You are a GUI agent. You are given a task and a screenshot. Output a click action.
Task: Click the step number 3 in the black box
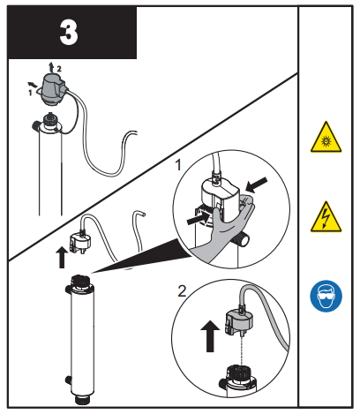click(x=69, y=33)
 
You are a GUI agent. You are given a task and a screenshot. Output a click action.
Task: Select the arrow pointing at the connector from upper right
click(x=258, y=185)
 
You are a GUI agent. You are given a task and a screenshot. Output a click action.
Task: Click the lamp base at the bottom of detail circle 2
click(x=234, y=377)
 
